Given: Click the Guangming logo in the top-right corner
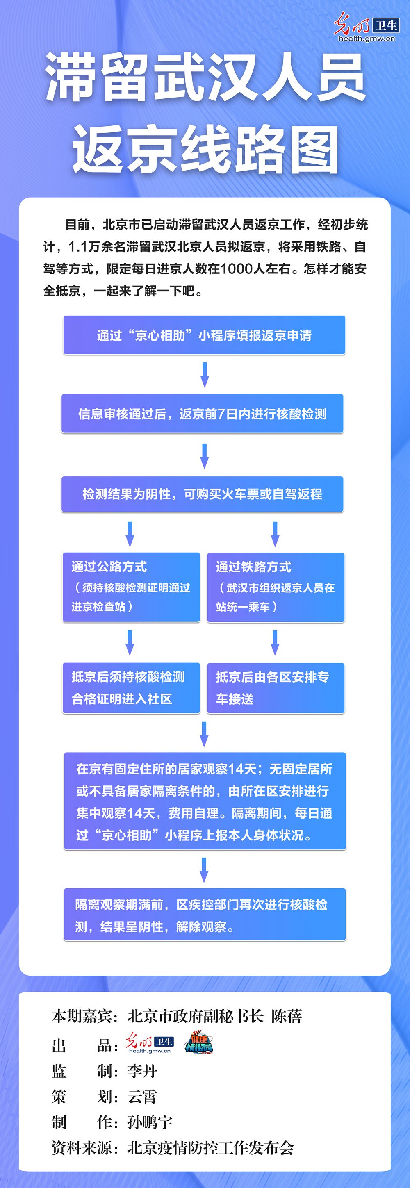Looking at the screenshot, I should tap(366, 28).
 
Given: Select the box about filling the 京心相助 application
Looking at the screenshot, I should tap(204, 335).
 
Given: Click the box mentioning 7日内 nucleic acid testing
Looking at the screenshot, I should tap(203, 414).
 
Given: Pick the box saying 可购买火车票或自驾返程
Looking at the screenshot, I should tap(203, 494).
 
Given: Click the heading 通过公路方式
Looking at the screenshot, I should tap(109, 567).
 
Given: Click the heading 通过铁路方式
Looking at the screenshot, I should tap(254, 567).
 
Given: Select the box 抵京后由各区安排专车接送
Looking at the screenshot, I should tap(276, 687).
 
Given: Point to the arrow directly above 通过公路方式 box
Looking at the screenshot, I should tap(130, 534).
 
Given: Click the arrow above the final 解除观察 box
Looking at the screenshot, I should tap(204, 869).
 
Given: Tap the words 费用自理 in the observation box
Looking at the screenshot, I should tap(193, 813).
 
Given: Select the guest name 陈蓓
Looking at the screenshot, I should tap(287, 1016).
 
